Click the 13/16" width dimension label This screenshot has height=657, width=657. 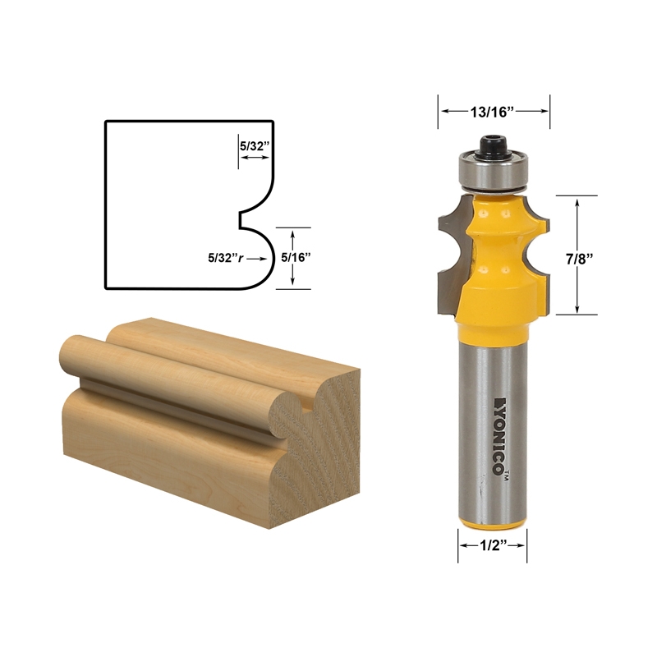point(493,111)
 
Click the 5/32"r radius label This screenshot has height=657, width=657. point(227,257)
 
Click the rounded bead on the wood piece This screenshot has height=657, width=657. point(164,378)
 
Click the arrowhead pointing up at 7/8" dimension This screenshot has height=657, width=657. point(580,201)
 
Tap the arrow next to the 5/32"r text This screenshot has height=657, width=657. point(261,258)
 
